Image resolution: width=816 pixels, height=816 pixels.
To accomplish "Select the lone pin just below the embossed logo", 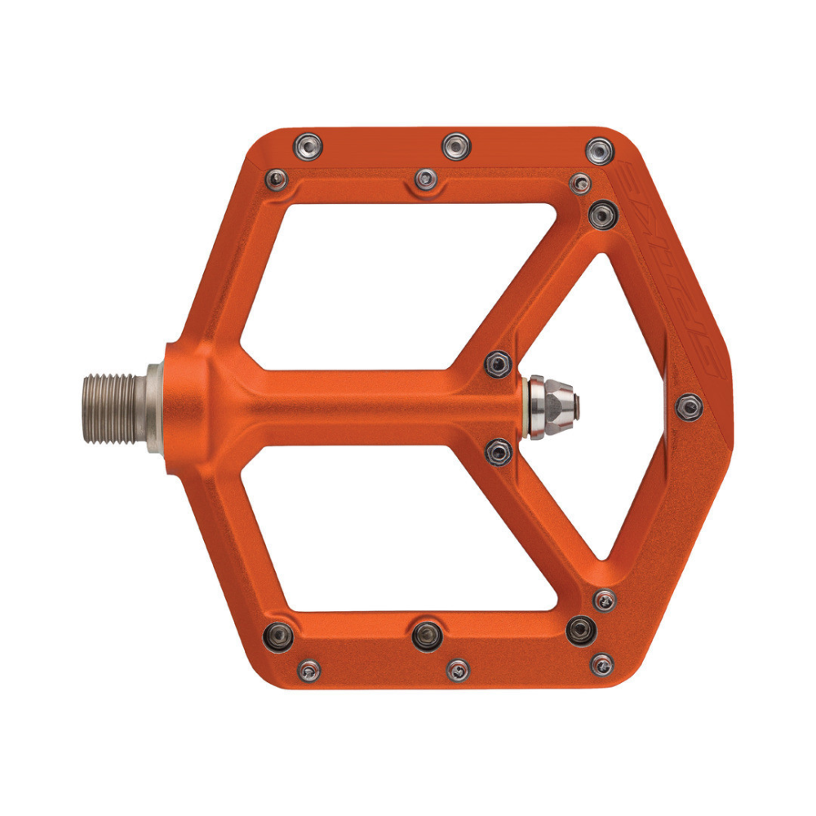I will tap(690, 406).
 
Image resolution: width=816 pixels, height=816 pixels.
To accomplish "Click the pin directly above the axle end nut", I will tap(497, 364).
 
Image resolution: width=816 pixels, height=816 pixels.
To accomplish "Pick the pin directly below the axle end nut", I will tap(499, 450).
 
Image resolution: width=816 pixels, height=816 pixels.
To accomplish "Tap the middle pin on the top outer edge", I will tap(456, 147).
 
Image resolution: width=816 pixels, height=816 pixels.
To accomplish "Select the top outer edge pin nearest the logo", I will tap(601, 151).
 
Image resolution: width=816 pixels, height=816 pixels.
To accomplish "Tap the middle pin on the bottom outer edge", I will tap(459, 669).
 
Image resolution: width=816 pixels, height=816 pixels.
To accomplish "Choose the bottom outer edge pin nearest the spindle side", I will tap(308, 671).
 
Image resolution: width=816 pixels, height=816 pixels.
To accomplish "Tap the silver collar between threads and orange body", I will tap(154, 408).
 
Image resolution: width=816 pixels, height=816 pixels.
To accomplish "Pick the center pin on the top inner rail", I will tap(425, 178).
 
